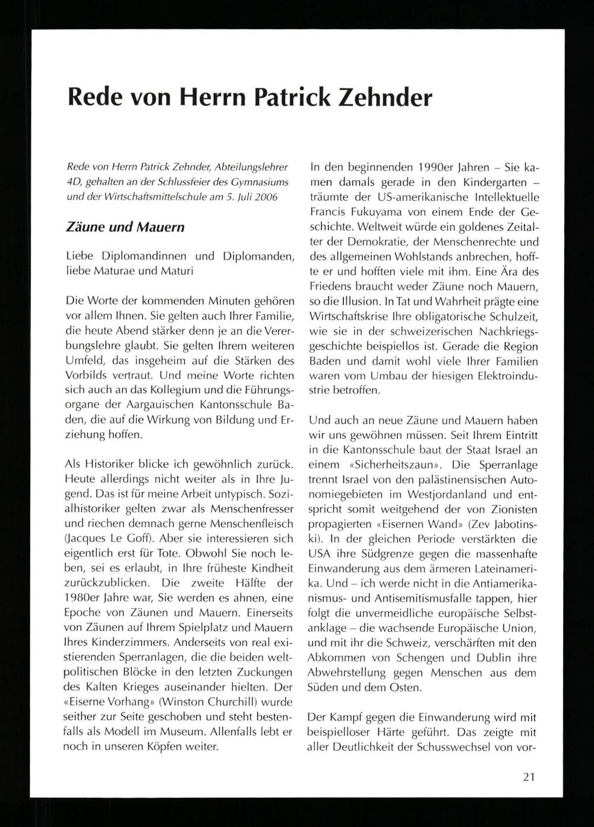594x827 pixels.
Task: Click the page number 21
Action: (x=529, y=777)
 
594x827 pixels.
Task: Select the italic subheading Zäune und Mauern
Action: (x=125, y=227)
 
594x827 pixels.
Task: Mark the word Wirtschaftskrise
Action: (x=347, y=316)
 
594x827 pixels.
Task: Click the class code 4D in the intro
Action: (x=74, y=182)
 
